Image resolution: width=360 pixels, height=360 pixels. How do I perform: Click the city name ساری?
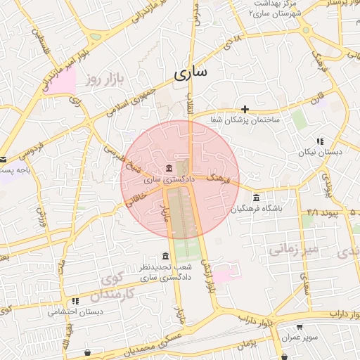point(190,73)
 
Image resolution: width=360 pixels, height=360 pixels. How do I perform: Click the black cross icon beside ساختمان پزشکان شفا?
point(245,109)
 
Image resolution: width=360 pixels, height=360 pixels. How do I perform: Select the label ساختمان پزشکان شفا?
point(244,121)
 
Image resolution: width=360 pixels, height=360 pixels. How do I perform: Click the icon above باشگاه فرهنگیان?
point(256,198)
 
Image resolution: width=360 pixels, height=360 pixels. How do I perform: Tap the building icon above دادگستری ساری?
point(169,169)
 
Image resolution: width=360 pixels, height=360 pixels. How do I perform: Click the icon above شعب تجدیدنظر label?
point(165,256)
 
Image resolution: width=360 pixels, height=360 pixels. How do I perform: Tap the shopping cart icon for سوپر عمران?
point(300,327)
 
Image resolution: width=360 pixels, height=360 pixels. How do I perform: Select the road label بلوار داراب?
point(265,318)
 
